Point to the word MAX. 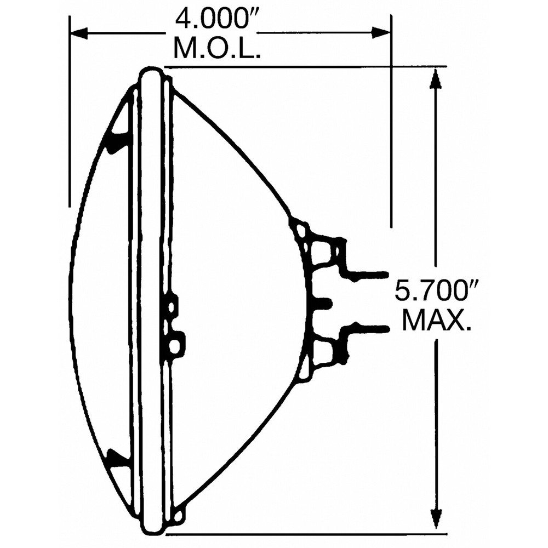click(x=437, y=321)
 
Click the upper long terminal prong click(x=367, y=273)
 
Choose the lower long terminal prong click(x=367, y=328)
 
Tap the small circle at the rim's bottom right click(x=176, y=515)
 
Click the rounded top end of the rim click(x=152, y=73)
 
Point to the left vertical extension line click(x=70, y=110)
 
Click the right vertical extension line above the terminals click(x=391, y=137)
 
